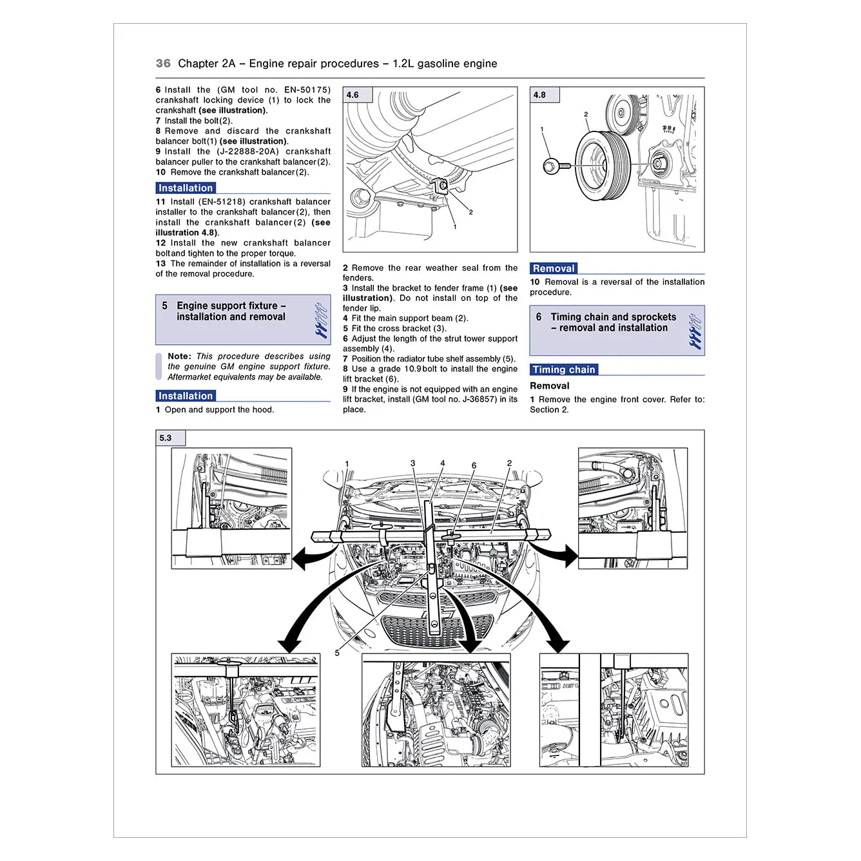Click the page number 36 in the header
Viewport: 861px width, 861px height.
[x=163, y=63]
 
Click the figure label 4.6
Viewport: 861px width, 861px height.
[x=353, y=95]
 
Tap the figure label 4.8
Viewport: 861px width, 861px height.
[x=539, y=95]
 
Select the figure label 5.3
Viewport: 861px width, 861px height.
[x=166, y=438]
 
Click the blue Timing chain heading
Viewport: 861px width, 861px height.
[x=563, y=370]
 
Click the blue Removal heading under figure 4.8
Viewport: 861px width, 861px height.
[x=553, y=269]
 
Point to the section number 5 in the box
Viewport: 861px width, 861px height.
[x=165, y=306]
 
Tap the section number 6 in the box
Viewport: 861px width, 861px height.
[x=539, y=317]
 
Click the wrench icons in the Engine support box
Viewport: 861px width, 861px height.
[x=321, y=320]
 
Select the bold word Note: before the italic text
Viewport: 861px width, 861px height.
[x=179, y=356]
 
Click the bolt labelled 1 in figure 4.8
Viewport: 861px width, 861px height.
[x=552, y=166]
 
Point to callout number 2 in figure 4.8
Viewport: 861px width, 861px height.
[x=586, y=115]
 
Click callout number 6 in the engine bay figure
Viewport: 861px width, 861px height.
[x=474, y=465]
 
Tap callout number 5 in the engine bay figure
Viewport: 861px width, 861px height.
[x=337, y=653]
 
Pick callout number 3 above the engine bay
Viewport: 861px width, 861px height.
[x=413, y=463]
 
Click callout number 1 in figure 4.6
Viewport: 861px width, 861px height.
[x=455, y=227]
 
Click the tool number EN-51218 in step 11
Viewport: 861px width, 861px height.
[x=222, y=202]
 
